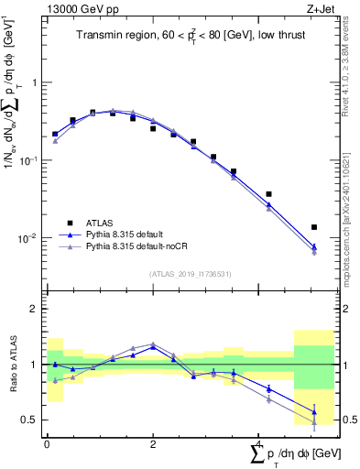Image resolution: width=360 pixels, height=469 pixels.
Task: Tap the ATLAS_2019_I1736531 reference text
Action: (x=189, y=273)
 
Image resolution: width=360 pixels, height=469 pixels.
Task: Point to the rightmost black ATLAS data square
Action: (x=314, y=227)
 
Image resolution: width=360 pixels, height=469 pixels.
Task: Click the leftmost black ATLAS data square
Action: (x=55, y=134)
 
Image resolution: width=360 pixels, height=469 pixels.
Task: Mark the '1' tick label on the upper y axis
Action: (x=34, y=82)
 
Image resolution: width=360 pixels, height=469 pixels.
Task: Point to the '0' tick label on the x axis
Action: (x=47, y=442)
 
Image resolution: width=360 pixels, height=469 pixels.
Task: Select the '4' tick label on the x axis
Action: (x=258, y=442)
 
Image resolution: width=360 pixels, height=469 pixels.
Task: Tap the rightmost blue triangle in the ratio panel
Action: (x=314, y=411)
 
